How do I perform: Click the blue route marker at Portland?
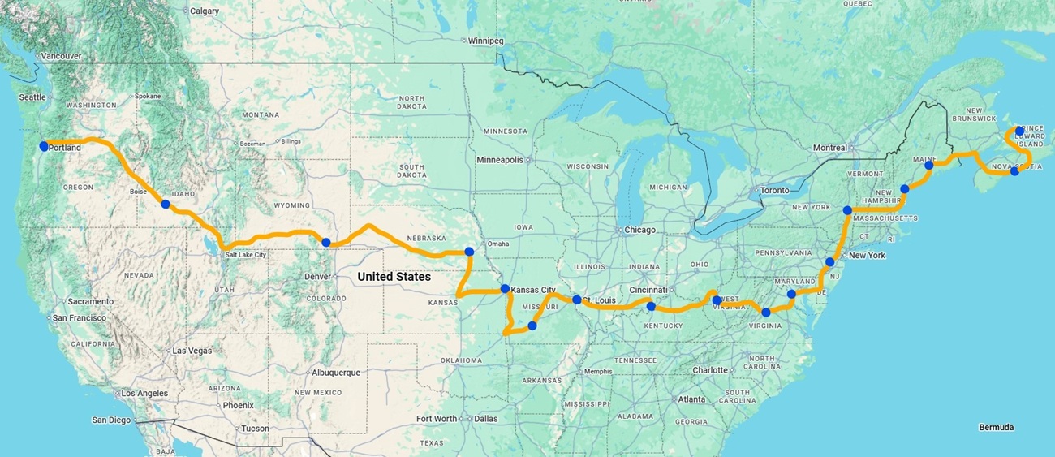point(44,146)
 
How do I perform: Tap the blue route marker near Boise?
point(166,205)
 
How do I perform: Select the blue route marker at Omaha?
point(469,252)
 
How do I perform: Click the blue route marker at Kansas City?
point(505,289)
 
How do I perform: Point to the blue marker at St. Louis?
point(577,300)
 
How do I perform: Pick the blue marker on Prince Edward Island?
point(1019,131)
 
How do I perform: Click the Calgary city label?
point(204,11)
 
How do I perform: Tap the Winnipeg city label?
point(486,41)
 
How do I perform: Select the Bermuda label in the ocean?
point(996,427)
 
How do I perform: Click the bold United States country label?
point(394,277)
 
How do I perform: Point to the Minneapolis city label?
point(500,160)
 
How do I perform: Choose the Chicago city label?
point(639,230)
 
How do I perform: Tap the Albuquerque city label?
point(334,373)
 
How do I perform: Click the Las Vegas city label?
point(192,351)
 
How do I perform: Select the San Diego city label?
point(111,420)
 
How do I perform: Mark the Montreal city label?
point(830,148)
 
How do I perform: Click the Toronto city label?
point(774,191)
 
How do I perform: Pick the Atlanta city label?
point(691,399)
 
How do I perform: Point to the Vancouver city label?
point(61,56)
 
